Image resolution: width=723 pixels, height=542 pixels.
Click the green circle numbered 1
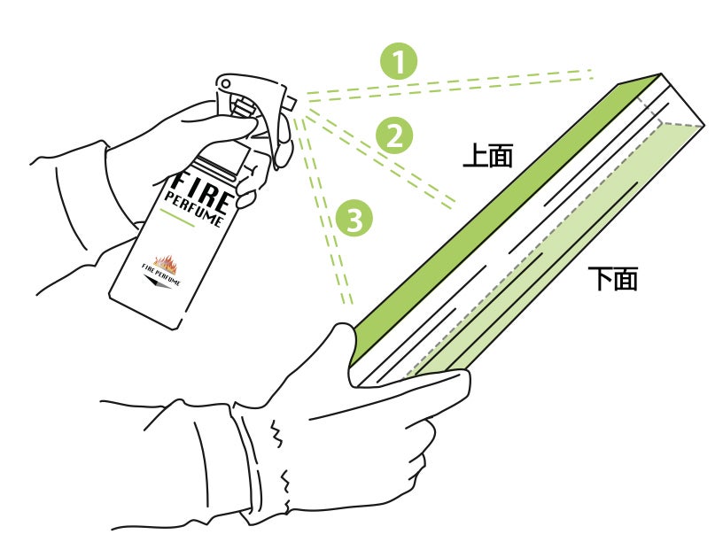[x=399, y=61]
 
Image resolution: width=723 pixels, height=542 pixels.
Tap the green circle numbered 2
[x=394, y=135]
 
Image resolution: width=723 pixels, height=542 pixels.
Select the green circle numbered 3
[x=354, y=219]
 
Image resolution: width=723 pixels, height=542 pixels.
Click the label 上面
[x=488, y=155]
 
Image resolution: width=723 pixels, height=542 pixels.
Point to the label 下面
[x=613, y=278]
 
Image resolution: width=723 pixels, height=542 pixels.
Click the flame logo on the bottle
[x=165, y=264]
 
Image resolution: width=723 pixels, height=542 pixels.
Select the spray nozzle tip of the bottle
[x=290, y=103]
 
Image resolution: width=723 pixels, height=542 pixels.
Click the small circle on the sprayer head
[x=225, y=84]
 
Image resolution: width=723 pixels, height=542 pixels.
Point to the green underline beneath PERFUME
[x=177, y=218]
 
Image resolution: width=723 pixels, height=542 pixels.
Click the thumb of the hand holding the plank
[x=349, y=352]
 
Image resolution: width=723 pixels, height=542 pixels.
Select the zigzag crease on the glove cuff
[x=277, y=433]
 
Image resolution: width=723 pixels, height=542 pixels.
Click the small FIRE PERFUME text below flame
[x=161, y=275]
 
